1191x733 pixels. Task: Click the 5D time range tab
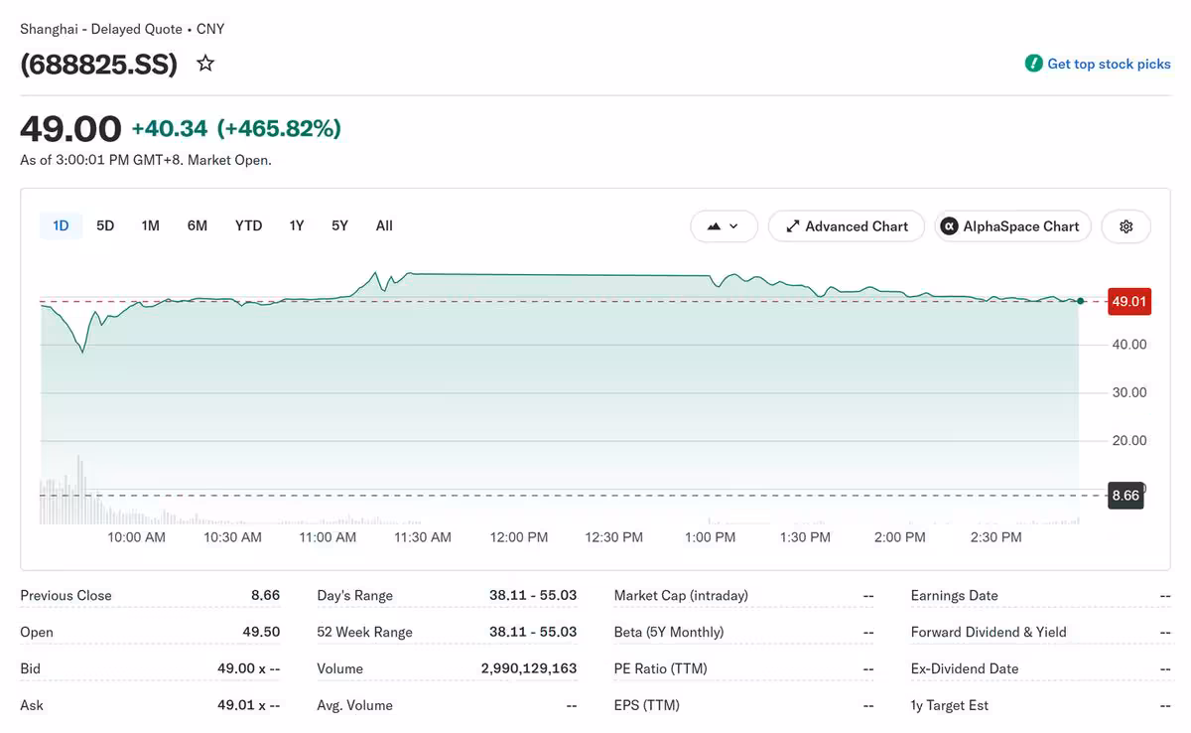(x=105, y=226)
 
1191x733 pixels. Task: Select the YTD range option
(x=248, y=226)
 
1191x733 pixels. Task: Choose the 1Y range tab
(x=296, y=226)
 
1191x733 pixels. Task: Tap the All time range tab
(x=384, y=226)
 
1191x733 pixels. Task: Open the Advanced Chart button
(x=847, y=226)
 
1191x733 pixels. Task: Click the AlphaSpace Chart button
(x=1013, y=226)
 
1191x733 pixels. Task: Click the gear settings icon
(x=1125, y=226)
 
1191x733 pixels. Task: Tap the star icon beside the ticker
(x=205, y=64)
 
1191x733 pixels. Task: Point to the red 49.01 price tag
(x=1129, y=302)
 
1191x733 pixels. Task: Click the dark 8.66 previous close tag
(x=1125, y=496)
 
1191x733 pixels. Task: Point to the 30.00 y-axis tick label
(x=1129, y=392)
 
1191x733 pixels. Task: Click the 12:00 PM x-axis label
(x=518, y=537)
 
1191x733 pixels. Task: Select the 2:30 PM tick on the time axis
(x=995, y=537)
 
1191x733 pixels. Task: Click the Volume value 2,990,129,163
(x=528, y=668)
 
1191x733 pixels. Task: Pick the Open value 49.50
(x=261, y=632)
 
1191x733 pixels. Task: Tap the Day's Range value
(x=533, y=595)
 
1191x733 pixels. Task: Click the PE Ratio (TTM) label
(x=660, y=668)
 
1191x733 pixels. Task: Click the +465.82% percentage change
(x=279, y=129)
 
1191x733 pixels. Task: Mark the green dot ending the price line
(x=1081, y=301)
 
